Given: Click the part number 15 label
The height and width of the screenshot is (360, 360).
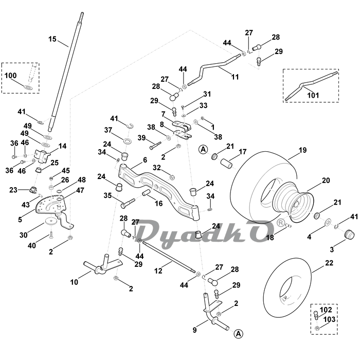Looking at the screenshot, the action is click(x=52, y=39).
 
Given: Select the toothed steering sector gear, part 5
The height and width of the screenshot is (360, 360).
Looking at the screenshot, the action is click(x=51, y=205).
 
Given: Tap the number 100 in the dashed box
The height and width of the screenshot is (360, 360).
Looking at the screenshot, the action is click(x=11, y=75).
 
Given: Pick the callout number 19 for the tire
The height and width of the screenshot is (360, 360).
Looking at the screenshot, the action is click(x=302, y=150).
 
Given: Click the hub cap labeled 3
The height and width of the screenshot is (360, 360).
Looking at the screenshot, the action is click(x=350, y=234).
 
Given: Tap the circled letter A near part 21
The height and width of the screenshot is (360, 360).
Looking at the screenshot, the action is click(x=203, y=150).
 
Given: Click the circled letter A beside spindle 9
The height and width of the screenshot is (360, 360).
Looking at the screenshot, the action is click(x=239, y=334).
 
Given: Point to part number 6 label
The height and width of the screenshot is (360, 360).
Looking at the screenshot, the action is click(x=145, y=160).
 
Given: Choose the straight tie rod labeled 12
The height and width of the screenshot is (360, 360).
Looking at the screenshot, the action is click(x=169, y=257).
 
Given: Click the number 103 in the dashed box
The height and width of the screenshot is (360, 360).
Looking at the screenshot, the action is click(x=329, y=319).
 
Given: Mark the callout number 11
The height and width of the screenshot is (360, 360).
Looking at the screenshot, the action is click(x=235, y=77).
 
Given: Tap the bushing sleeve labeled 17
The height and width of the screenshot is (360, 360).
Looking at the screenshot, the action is click(x=227, y=164).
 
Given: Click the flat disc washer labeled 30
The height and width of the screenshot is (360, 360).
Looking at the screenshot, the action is click(x=51, y=221).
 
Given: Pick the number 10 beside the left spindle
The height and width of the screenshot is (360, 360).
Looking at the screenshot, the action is click(x=74, y=282).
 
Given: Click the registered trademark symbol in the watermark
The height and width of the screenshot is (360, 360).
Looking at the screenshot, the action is click(x=281, y=223).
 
